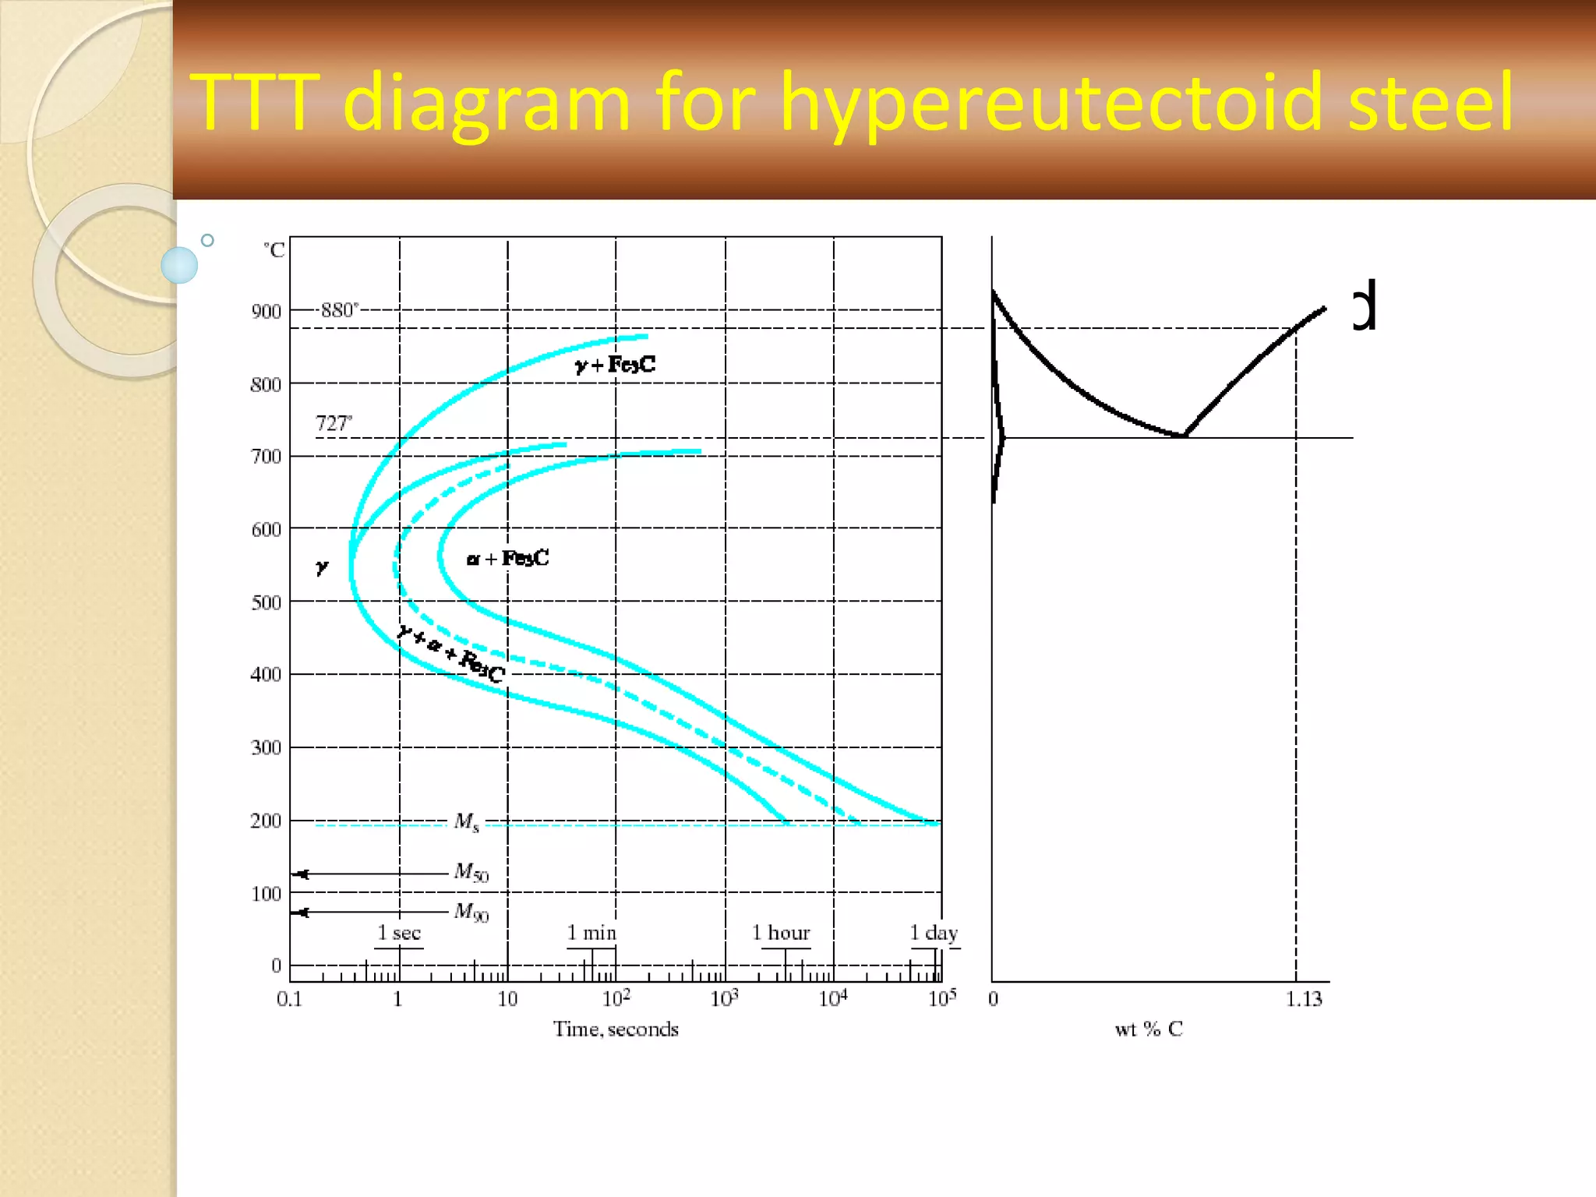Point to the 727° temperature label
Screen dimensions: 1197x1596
[334, 423]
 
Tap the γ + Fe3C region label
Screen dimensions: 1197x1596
[616, 364]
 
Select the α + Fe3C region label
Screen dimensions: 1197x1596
[508, 558]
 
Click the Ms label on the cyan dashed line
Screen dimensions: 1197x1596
[467, 821]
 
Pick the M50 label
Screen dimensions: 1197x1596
[471, 871]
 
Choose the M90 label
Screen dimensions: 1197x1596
[471, 911]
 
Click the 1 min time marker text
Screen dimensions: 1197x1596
[591, 933]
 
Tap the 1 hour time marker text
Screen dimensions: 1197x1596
[781, 933]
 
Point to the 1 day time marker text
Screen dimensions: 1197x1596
[934, 933]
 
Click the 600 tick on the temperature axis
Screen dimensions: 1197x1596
[266, 530]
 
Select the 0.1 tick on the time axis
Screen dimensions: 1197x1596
[289, 999]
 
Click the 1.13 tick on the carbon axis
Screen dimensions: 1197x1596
[1304, 999]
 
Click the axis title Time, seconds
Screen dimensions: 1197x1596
[616, 1029]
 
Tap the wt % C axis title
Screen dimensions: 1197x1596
[1149, 1029]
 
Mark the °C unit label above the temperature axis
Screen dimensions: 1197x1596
[274, 250]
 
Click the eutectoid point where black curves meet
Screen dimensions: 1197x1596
[1184, 436]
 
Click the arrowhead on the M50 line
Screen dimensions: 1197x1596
[302, 874]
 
